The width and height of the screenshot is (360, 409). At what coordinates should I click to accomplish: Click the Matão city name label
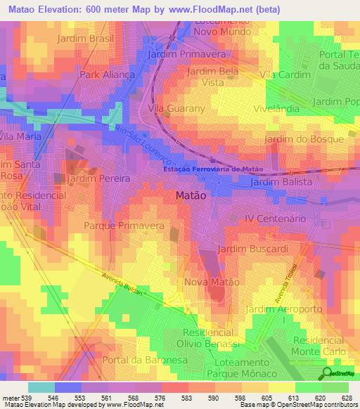(190, 197)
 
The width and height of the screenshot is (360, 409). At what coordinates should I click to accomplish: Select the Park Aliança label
(107, 74)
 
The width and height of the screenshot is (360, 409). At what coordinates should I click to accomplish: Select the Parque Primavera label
(124, 226)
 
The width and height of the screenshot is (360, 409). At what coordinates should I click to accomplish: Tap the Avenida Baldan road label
(122, 283)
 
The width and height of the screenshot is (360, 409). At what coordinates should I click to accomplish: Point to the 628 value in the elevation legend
(342, 398)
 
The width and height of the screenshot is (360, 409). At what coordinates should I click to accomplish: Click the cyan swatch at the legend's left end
(41, 387)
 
